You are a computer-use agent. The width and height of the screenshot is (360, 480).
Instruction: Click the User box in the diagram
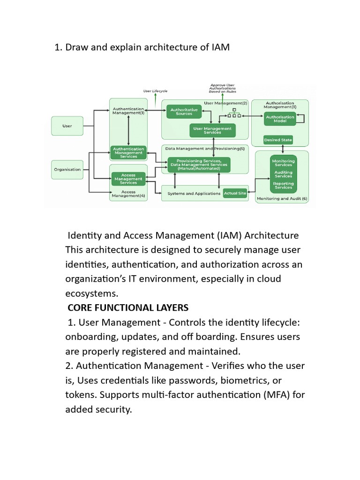point(67,126)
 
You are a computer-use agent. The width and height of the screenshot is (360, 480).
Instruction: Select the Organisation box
point(67,170)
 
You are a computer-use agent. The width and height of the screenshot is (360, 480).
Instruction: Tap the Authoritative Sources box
point(184,112)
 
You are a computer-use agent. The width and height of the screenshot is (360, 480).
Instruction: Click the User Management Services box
point(212,130)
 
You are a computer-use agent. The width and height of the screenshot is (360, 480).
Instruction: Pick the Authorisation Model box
point(280,119)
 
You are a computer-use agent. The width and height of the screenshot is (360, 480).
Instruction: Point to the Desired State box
point(278,140)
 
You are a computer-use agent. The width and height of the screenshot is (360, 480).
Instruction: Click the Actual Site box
point(235,193)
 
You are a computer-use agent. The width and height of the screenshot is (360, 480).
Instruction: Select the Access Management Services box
point(128,179)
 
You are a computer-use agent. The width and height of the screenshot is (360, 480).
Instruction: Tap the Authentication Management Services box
point(128,153)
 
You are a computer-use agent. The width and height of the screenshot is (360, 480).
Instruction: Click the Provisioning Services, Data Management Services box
point(199,165)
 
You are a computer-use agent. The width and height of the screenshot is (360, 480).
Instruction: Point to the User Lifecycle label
point(156,91)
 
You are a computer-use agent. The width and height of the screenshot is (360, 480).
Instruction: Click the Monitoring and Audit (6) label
point(282,199)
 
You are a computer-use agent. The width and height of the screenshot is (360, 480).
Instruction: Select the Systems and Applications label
point(194,194)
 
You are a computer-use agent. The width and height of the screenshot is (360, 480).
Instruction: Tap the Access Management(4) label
point(128,194)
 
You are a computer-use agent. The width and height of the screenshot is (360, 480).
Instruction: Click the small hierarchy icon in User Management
point(234,113)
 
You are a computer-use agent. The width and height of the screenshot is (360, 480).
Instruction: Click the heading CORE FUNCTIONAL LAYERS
point(128,307)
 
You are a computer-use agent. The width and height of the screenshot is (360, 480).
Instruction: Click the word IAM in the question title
point(220,47)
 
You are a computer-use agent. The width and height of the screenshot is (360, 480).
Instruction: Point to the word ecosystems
point(91,293)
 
